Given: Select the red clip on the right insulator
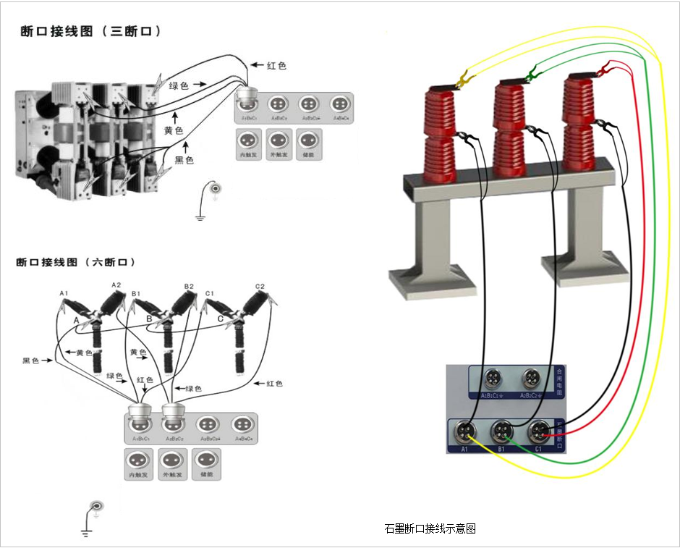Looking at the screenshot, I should coord(603,70).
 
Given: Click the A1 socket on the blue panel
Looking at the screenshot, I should coord(463,432).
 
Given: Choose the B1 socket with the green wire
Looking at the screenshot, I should coord(500,432).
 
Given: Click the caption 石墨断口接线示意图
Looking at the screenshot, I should coord(430,529).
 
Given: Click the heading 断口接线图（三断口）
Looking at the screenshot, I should coord(90,32).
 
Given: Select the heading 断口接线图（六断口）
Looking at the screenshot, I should coord(76,262).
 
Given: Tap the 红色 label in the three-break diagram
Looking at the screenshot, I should coord(276,66).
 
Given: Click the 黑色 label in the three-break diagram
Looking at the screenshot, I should coord(184,160).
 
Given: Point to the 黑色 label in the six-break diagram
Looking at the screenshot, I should coord(32,360).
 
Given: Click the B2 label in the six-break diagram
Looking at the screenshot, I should coord(189,287).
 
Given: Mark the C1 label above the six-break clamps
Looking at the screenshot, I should coord(210,293).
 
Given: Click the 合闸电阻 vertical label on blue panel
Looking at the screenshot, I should coord(558,381).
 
